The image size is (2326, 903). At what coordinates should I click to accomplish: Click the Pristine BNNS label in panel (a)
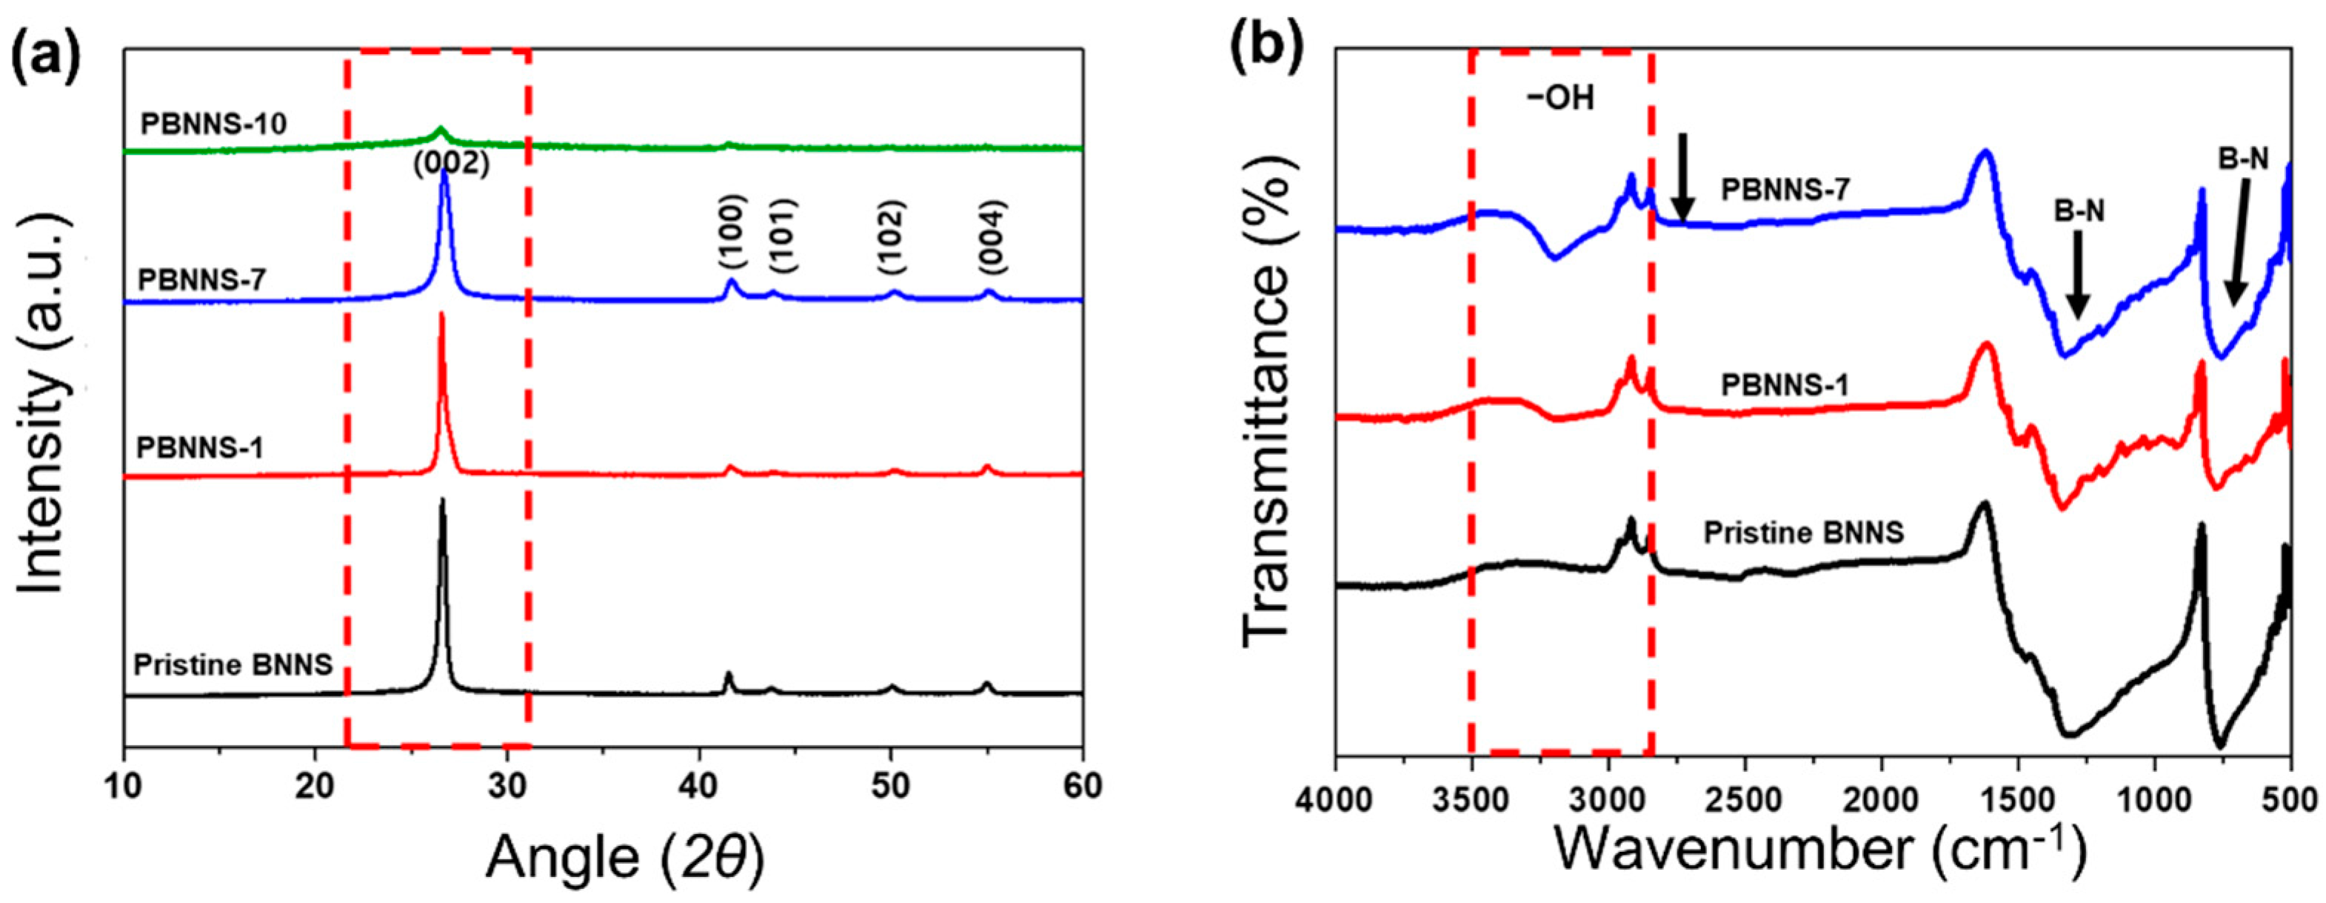[233, 665]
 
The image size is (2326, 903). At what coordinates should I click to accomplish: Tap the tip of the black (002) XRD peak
[442, 499]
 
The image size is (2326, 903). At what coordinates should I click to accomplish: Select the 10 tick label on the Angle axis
[124, 787]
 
